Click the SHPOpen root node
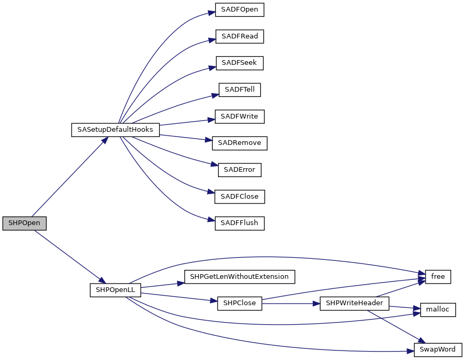click(24, 223)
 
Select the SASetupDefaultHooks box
click(115, 130)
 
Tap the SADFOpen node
click(240, 10)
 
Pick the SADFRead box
click(240, 37)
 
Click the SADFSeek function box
click(240, 63)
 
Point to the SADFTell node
click(240, 90)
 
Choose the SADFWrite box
click(240, 116)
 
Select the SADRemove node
click(240, 143)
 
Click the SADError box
click(240, 170)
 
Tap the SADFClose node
click(240, 197)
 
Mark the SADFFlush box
click(240, 223)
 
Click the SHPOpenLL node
click(115, 290)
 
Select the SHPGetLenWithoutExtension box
click(239, 277)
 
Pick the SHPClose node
click(240, 303)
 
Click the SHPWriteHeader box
click(354, 303)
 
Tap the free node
click(438, 277)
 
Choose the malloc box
click(438, 310)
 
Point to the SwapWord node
click(438, 349)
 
